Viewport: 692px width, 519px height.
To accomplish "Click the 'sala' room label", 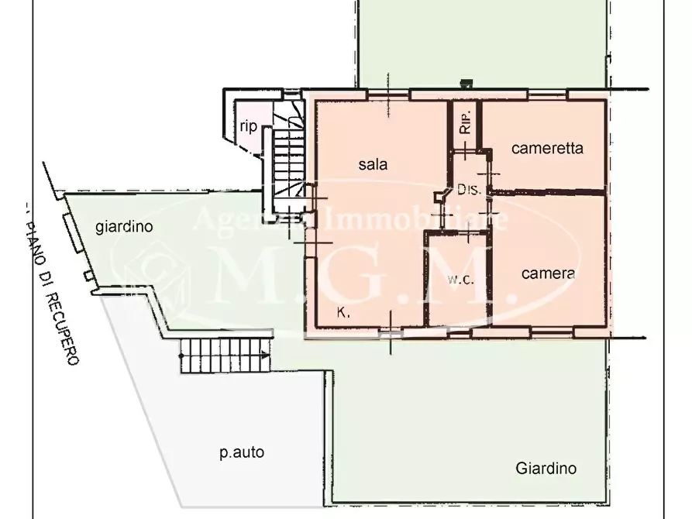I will pos(372,164).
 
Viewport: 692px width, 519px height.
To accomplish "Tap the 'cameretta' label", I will pos(547,149).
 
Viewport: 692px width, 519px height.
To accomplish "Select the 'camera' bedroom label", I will pos(548,273).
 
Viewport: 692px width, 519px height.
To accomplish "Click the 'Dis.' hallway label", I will pos(469,189).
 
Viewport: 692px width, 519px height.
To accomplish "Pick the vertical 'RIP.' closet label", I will pos(464,124).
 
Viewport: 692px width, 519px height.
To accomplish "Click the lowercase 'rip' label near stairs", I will pos(248,128).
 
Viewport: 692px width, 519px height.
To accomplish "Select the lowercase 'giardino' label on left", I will pos(123,227).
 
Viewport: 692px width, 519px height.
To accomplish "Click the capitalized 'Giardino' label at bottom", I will pos(546,468).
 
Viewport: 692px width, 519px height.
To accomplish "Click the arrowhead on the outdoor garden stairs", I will pos(266,356).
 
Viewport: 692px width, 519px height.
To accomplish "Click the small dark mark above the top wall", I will pos(466,81).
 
